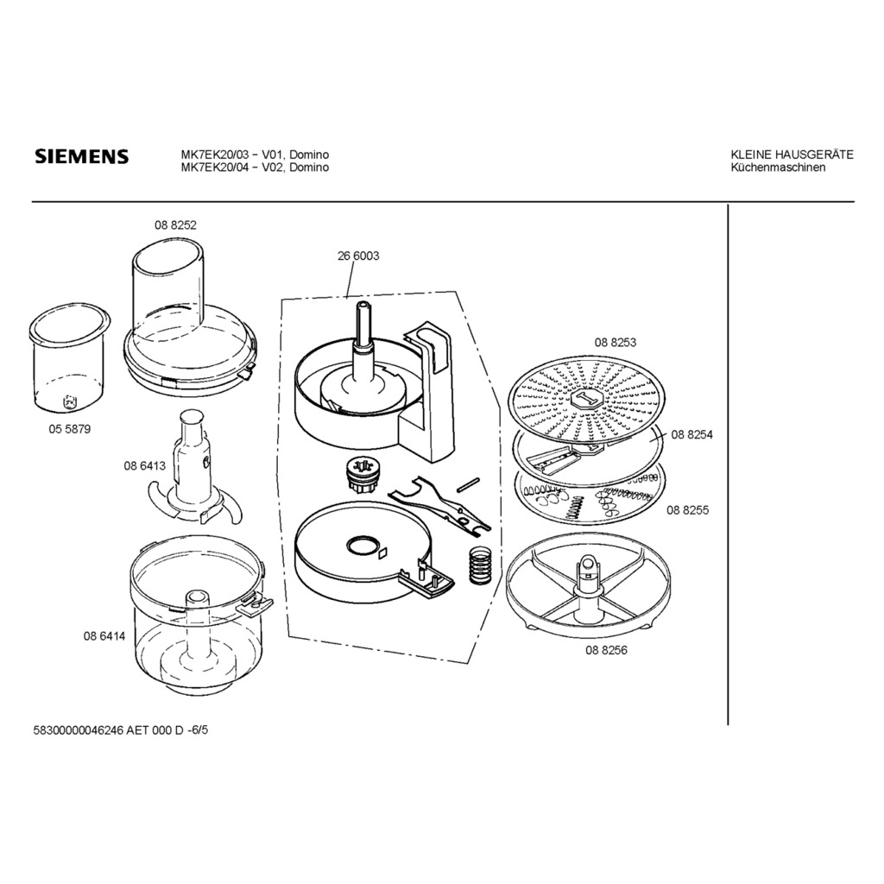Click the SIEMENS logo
point(82,156)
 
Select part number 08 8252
point(175,225)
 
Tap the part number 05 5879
point(69,429)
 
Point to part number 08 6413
point(145,465)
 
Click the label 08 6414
point(104,636)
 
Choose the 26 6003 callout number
point(358,256)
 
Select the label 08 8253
point(615,342)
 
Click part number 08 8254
point(691,435)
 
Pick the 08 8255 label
point(688,510)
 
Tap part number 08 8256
point(606,650)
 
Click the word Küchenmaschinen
point(778,167)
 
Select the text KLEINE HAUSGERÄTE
point(792,155)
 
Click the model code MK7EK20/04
point(214,167)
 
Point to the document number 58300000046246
point(79,730)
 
